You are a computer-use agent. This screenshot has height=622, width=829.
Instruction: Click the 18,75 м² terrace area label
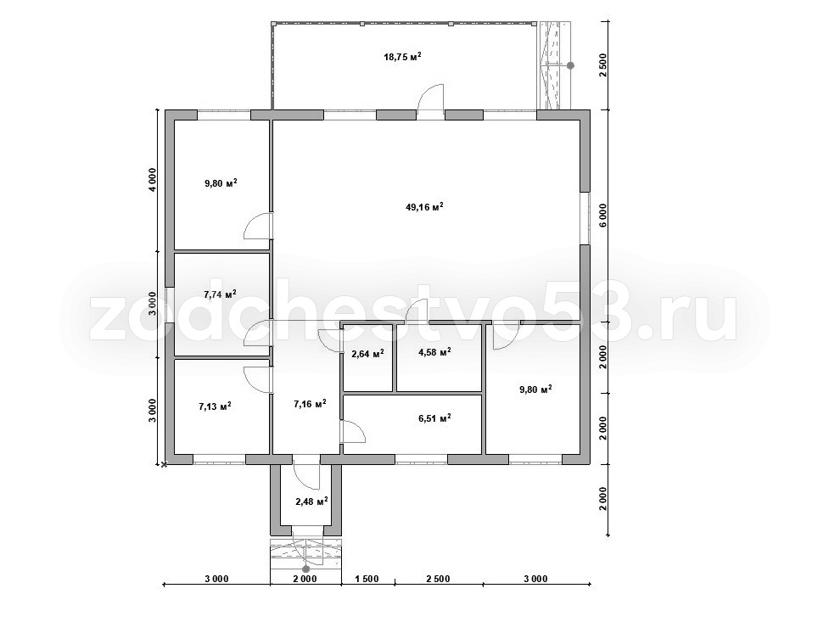(x=402, y=57)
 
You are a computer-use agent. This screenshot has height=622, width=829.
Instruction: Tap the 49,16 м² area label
(x=424, y=207)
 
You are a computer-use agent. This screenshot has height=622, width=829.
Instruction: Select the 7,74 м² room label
(x=220, y=294)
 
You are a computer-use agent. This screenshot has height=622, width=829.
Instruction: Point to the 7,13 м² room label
(x=215, y=406)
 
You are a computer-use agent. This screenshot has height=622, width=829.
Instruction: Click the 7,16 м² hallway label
(x=310, y=404)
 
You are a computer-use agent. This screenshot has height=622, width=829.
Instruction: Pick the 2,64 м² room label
(x=367, y=353)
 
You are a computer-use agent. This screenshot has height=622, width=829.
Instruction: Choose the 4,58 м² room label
(x=434, y=351)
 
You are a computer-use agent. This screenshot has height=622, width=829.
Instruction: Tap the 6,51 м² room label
(x=434, y=418)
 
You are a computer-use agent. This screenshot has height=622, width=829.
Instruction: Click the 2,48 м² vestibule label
(x=312, y=501)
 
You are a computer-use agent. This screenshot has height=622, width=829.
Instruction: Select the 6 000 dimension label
(x=604, y=216)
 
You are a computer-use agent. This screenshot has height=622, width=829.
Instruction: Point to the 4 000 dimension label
(x=152, y=181)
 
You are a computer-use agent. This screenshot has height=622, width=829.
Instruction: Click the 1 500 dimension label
(x=367, y=579)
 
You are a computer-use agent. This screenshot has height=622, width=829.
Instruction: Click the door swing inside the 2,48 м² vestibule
(x=306, y=476)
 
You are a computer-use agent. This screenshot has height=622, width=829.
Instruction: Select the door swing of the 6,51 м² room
(x=353, y=431)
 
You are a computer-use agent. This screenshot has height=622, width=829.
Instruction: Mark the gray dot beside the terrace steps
(x=570, y=65)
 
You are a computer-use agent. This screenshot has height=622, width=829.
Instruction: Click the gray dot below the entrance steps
(x=305, y=569)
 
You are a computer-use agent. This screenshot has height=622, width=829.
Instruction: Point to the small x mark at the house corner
(x=165, y=465)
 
